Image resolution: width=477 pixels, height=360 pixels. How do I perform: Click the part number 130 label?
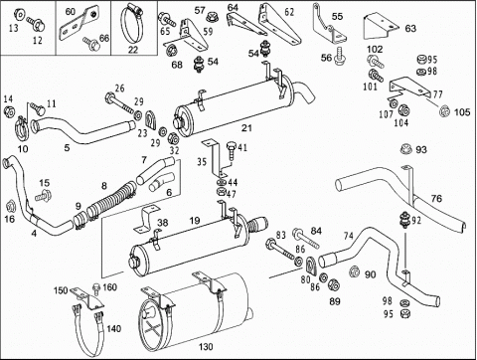point(206,347)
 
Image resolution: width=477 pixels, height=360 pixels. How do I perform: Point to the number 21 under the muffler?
point(246,127)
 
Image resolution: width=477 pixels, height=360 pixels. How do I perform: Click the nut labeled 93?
point(406,149)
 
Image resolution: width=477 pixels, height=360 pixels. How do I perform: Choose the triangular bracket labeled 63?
point(381,27)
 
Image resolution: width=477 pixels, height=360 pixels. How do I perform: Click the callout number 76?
point(436,198)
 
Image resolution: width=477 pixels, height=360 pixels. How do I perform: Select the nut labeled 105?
point(444,111)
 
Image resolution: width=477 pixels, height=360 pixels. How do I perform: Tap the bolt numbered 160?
point(96,289)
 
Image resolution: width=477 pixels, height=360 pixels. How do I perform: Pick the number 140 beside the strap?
point(113,329)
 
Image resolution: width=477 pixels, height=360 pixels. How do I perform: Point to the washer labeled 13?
point(19,14)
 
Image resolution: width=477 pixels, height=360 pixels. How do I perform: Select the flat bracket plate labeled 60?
point(79,23)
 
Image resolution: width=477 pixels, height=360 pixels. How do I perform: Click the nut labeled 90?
point(355,271)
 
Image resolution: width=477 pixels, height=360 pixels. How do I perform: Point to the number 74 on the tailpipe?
point(348,236)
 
